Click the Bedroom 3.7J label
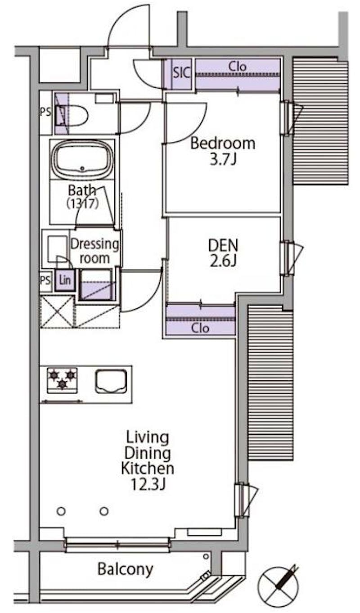click(x=223, y=151)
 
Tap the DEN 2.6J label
click(x=223, y=252)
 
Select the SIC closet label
click(x=181, y=73)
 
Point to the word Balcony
click(x=125, y=569)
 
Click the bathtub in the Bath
click(x=83, y=159)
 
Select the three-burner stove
click(x=62, y=381)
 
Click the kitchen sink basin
click(x=111, y=381)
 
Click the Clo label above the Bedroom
click(x=238, y=66)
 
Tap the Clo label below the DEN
click(x=200, y=328)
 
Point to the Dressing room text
click(x=94, y=251)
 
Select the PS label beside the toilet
click(x=45, y=112)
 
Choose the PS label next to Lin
click(x=45, y=280)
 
